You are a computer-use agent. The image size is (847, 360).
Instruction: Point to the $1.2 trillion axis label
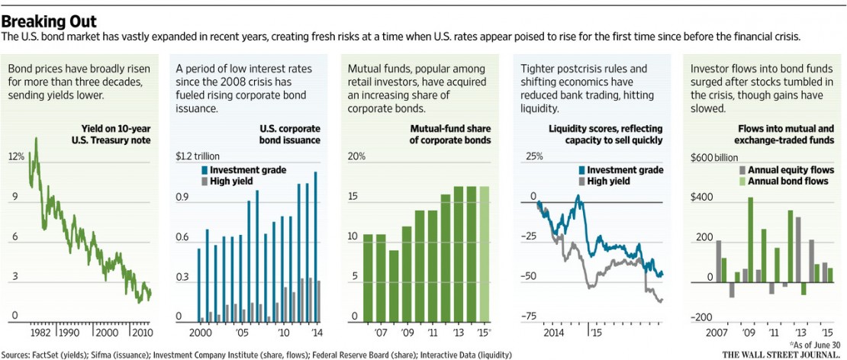coord(202,156)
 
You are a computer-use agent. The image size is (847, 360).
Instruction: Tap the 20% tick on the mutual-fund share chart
coord(357,156)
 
